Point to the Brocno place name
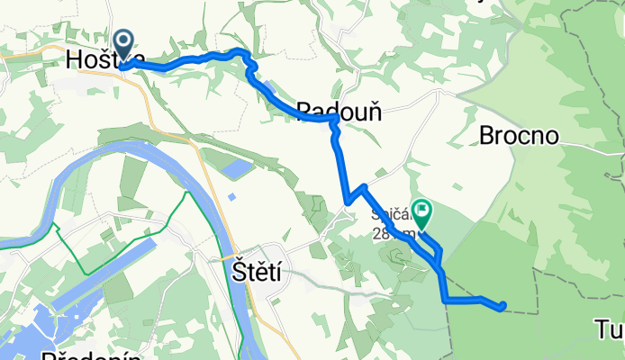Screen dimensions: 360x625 [x=520, y=135]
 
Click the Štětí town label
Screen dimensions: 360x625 [x=254, y=272]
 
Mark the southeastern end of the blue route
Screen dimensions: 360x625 [x=503, y=306]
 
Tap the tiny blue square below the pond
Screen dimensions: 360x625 [x=231, y=197]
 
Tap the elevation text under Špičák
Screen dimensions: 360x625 [x=387, y=234]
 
